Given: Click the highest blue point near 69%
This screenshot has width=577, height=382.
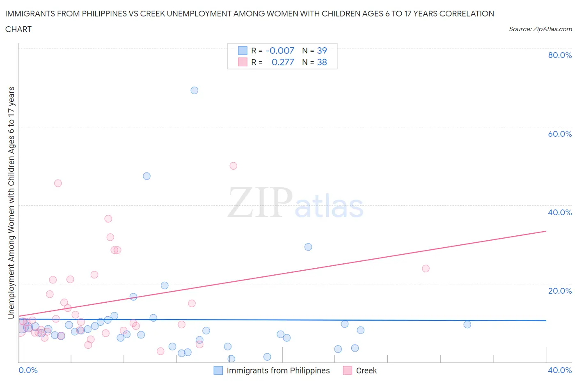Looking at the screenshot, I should (195, 90).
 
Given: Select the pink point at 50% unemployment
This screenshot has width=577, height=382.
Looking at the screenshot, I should (234, 166).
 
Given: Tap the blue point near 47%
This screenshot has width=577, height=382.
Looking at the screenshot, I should (147, 176).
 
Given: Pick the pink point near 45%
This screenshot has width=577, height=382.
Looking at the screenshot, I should (58, 183).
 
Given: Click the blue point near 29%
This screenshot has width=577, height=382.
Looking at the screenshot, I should (308, 247).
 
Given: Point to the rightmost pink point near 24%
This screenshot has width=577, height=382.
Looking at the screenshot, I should (426, 269).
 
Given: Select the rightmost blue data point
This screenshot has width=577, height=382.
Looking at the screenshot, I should (467, 324).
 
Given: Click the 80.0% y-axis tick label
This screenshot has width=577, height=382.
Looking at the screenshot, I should (560, 55).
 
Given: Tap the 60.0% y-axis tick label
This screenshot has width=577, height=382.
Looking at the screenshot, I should (560, 134).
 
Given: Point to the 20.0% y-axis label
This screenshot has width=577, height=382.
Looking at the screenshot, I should (560, 291).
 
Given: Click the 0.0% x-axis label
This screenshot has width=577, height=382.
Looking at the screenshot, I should (28, 370).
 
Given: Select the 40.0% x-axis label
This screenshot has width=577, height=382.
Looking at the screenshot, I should (560, 370).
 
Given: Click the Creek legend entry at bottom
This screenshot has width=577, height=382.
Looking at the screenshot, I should (366, 370).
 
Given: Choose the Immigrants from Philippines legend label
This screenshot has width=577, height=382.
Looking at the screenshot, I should (278, 370).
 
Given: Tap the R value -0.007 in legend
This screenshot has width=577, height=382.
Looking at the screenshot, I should (280, 51).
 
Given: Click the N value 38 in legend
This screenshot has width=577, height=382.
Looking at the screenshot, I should (322, 62).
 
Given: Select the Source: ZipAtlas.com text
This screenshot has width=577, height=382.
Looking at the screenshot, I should (540, 29).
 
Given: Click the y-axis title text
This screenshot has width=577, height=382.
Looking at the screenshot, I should (11, 203).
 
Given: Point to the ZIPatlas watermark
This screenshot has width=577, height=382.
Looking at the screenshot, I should (295, 203).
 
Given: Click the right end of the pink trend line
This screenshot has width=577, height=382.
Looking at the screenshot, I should (546, 231).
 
